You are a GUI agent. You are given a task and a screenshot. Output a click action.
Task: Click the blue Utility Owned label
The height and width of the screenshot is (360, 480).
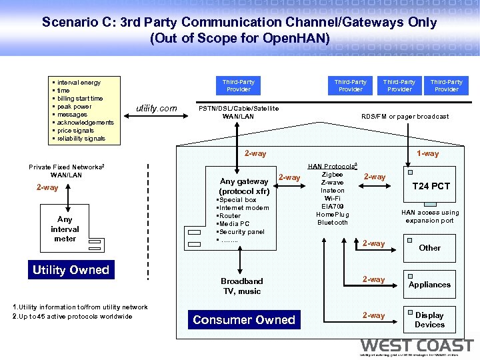71,270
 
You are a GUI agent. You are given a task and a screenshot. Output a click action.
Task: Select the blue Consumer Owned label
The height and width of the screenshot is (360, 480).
243,320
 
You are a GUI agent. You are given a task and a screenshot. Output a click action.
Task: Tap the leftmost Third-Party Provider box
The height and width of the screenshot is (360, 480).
238,85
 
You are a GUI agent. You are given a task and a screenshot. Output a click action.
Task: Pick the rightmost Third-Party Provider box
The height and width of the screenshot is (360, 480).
446,85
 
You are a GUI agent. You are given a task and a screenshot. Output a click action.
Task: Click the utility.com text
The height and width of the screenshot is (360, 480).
157,108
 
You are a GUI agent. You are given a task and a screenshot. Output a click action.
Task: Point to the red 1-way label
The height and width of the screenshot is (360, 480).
427,153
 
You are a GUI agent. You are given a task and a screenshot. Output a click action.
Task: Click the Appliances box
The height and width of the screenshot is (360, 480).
429,284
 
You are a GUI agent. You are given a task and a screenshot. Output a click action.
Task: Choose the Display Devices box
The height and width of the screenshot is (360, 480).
429,320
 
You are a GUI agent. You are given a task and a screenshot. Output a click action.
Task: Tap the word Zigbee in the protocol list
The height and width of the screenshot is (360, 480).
332,175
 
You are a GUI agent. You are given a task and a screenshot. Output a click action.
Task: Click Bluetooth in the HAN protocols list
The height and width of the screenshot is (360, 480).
332,223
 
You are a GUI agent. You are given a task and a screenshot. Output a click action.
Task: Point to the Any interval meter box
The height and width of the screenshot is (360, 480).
65,229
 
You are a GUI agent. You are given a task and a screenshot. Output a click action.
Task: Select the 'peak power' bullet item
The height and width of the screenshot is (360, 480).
74,107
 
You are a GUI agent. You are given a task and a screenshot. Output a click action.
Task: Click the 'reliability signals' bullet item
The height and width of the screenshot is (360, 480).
81,139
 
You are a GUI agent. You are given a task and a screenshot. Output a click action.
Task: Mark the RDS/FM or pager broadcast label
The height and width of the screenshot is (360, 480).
405,117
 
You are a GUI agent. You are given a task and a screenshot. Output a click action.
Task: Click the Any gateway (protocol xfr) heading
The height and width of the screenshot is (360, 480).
244,187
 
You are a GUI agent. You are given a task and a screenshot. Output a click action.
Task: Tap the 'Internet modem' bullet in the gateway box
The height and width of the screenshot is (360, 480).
243,208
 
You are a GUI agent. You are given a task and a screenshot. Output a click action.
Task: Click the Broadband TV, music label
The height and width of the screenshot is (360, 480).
241,286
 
